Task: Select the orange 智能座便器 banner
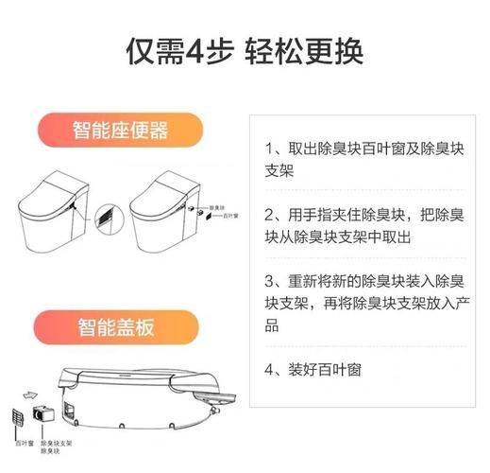(122, 129)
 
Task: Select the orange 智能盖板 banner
(116, 327)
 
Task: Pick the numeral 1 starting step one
(269, 149)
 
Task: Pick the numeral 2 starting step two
(269, 214)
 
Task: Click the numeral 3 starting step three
(269, 281)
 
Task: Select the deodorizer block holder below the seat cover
(44, 413)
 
